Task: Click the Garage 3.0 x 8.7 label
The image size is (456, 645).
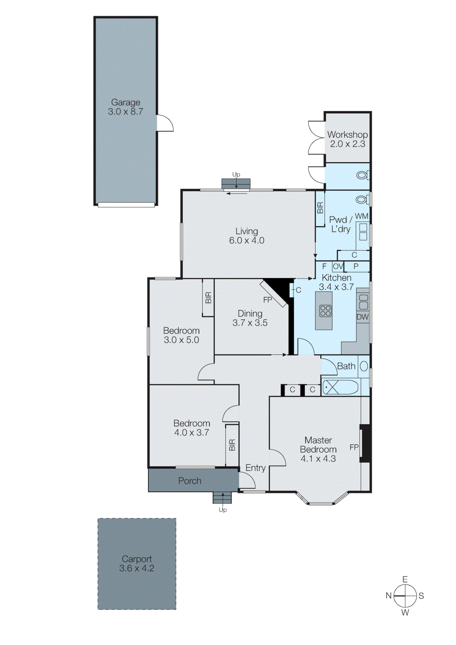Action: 125,107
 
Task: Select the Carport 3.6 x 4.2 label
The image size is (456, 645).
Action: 137,564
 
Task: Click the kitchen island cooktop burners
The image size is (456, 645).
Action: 325,311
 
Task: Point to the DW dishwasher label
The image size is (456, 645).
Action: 362,317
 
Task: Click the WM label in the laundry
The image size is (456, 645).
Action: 361,216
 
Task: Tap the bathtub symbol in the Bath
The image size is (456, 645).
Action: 340,387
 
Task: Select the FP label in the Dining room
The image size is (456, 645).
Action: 268,300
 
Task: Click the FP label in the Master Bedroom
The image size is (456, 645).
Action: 354,447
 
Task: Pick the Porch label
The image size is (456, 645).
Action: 189,481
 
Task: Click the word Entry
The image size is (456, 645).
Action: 255,468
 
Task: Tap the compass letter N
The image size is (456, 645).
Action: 389,596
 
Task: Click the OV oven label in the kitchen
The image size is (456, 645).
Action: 338,266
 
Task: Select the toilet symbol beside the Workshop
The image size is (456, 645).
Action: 362,176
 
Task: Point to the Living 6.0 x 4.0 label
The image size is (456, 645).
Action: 246,236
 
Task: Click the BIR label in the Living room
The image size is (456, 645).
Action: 320,208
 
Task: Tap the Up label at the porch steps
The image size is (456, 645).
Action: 223,510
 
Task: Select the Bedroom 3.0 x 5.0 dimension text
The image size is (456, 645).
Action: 181,340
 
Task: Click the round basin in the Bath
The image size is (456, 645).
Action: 364,366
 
